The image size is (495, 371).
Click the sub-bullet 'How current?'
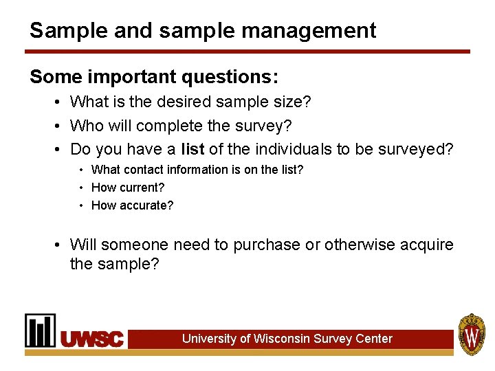(128, 187)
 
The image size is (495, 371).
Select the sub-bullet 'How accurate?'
(132, 205)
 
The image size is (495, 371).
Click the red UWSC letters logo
(92, 339)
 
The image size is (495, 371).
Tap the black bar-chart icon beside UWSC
(41, 330)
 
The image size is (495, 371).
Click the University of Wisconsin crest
(472, 334)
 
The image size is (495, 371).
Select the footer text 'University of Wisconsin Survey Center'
(287, 339)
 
